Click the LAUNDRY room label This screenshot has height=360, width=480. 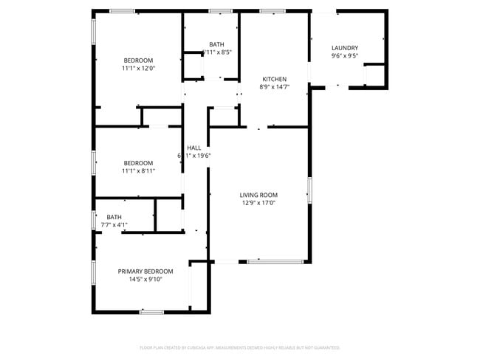[345, 48]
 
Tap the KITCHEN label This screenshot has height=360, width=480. [275, 79]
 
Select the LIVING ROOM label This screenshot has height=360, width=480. [258, 195]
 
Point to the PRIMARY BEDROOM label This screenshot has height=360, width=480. [145, 271]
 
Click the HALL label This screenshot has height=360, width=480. [194, 148]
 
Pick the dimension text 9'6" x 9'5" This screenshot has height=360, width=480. [345, 56]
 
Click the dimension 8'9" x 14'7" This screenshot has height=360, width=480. [275, 87]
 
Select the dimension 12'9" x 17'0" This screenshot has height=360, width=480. [258, 203]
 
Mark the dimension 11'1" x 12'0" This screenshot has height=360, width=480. [138, 69]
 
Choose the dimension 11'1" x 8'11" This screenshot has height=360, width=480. [138, 171]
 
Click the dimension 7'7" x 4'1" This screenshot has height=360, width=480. [114, 225]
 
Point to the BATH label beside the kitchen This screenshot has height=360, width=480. [216, 44]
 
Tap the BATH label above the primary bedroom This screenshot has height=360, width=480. [114, 217]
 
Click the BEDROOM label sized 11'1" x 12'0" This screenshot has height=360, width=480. [138, 60]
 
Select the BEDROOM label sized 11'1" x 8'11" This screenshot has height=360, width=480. [138, 163]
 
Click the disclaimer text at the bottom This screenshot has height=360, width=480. [239, 347]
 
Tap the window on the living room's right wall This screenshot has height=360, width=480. [309, 190]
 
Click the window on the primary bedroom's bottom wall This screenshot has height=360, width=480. [151, 312]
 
